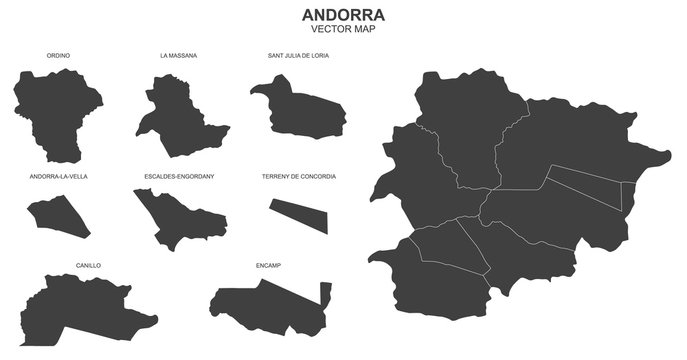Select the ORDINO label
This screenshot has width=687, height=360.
click(x=58, y=56)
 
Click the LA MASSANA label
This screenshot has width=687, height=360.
click(x=178, y=56)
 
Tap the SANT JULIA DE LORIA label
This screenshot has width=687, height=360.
click(x=298, y=56)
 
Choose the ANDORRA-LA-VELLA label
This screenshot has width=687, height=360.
click(x=58, y=176)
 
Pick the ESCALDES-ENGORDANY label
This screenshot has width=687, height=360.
click(x=179, y=176)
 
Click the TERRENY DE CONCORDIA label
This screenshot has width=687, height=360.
click(x=298, y=176)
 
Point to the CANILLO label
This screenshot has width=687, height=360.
click(x=88, y=266)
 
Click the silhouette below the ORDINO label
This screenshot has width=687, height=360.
click(x=54, y=110)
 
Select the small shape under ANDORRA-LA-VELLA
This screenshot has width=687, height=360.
click(x=58, y=213)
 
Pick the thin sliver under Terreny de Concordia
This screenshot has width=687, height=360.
click(x=299, y=213)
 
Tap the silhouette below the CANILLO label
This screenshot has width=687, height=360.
click(x=80, y=311)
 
